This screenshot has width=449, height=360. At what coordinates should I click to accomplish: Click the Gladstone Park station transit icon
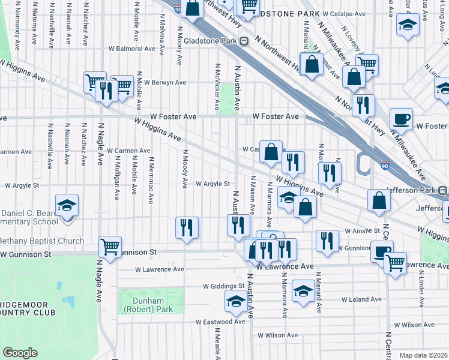tap(244, 41)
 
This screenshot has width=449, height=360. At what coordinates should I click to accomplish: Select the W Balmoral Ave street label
tap(131, 49)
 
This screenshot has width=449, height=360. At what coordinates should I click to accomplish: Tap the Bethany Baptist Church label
tap(42, 241)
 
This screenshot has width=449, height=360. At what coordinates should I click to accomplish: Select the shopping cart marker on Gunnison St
tap(110, 247)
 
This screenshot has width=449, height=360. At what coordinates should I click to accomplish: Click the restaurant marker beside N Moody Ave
tap(187, 227)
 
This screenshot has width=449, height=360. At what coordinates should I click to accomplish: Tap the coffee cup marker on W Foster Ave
tap(401, 119)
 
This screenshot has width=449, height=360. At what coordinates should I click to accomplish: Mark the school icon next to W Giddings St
tap(236, 301)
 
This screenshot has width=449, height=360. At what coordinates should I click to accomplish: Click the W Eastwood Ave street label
tap(221, 322)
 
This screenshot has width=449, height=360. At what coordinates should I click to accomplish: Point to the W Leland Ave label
tap(362, 299)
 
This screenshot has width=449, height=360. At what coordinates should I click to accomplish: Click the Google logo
tap(20, 353)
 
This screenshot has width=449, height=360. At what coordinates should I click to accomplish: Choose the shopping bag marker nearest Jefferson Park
tap(379, 201)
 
